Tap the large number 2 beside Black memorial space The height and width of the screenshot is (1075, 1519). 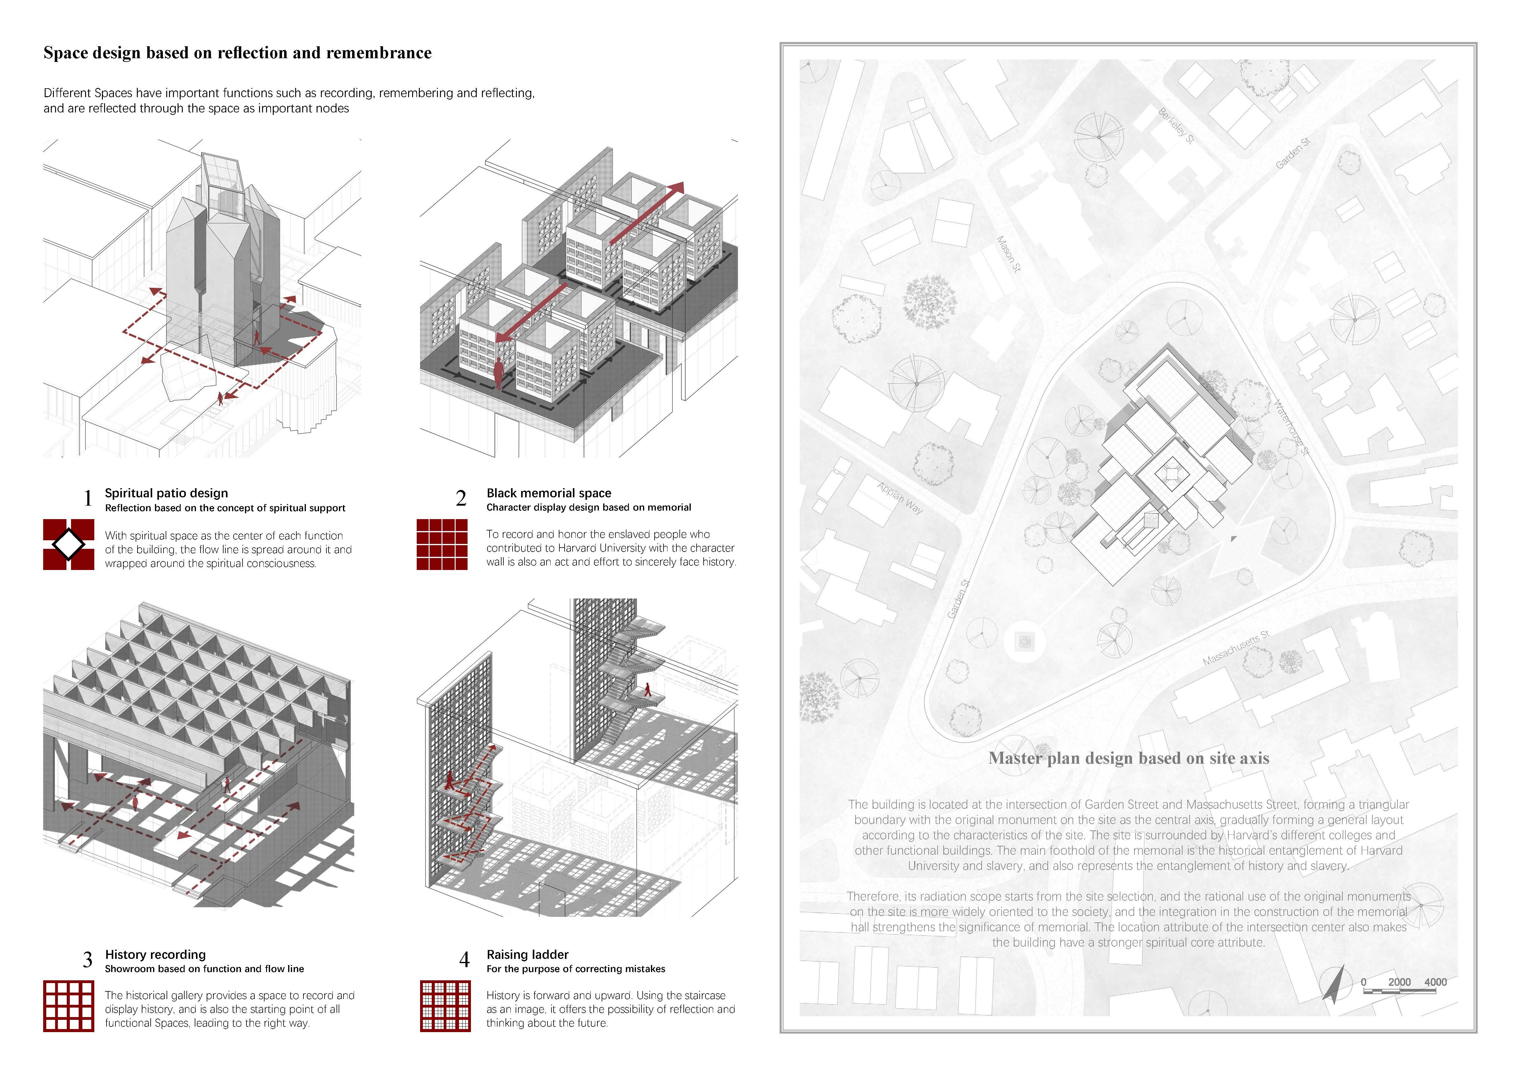tap(461, 498)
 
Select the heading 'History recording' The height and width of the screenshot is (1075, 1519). tap(156, 955)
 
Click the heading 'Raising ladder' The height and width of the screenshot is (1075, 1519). tap(527, 955)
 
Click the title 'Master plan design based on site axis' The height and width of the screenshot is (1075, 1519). tap(1129, 758)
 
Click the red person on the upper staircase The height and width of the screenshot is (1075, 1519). tap(648, 690)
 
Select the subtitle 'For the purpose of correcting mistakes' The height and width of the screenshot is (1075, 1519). tap(576, 969)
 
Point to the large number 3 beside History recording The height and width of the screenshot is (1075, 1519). tap(87, 960)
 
